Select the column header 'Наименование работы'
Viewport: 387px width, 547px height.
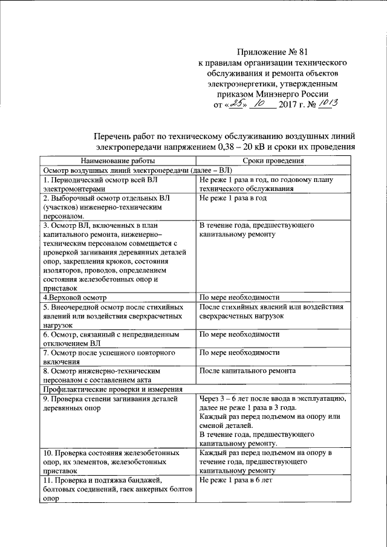116,161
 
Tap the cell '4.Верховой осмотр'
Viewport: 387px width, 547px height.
74,298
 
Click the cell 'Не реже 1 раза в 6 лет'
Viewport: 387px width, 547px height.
236,479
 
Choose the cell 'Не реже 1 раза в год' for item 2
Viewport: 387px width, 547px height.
233,198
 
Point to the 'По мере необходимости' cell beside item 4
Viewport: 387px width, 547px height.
239,298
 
